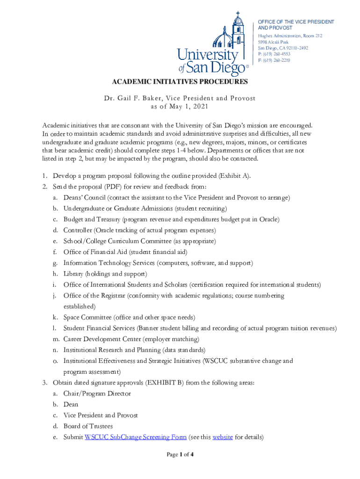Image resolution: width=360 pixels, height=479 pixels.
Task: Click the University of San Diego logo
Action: click(213, 44)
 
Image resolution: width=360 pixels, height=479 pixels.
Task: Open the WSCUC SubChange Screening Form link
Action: click(136, 437)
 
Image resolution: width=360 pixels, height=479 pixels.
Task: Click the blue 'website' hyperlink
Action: click(222, 437)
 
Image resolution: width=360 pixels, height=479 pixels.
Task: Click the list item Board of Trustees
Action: click(88, 426)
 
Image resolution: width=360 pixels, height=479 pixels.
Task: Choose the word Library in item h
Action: click(73, 274)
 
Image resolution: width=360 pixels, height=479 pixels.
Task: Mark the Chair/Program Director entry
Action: click(97, 393)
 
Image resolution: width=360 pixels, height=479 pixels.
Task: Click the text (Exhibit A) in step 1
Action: click(229, 175)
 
